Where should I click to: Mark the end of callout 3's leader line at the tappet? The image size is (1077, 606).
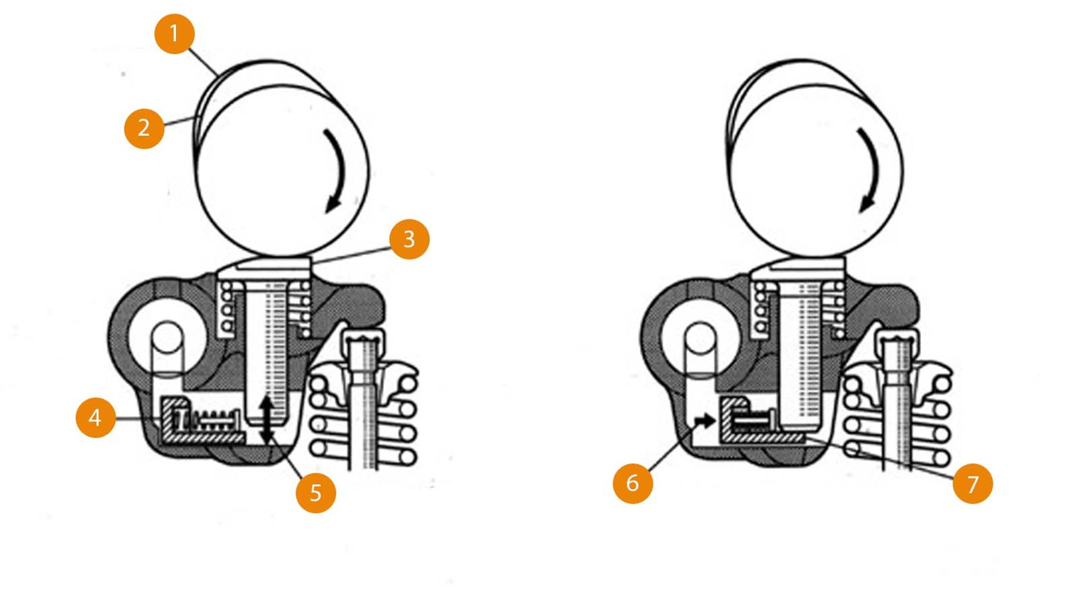313,262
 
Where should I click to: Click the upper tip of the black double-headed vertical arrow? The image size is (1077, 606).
266,396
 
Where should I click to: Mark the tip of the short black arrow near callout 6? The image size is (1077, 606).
715,422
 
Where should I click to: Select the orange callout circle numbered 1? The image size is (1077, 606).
175,34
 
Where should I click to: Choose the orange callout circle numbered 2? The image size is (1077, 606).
144,128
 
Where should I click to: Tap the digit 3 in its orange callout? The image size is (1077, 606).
409,239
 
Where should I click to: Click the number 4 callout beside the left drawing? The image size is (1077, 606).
96,418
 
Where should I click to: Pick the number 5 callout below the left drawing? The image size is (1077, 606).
316,493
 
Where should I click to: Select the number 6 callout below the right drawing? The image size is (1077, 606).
633,483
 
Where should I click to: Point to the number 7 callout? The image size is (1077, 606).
973,484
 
